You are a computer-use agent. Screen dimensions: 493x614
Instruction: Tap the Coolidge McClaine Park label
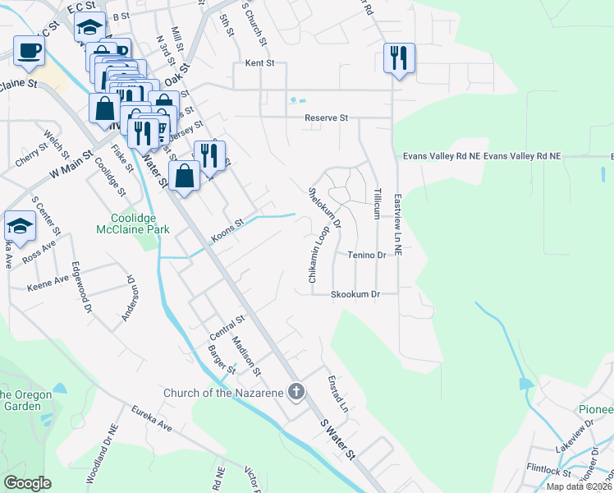[x=140, y=223]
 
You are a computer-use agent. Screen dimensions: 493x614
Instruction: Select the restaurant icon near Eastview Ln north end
[x=399, y=58]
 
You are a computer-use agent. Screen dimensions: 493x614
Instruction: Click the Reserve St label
[x=326, y=118]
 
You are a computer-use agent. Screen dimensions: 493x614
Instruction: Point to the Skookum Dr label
[x=355, y=294]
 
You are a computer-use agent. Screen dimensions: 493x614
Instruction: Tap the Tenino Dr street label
[x=365, y=256]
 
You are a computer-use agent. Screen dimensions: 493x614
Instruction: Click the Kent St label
[x=259, y=63]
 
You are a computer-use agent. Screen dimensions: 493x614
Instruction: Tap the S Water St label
[x=337, y=438]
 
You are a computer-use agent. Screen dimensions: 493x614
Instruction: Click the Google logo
[x=27, y=483]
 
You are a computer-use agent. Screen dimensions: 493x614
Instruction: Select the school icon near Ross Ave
[x=20, y=226]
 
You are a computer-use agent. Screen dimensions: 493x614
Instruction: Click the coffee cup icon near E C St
[x=29, y=50]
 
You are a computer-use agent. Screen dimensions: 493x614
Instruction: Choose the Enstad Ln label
[x=337, y=395]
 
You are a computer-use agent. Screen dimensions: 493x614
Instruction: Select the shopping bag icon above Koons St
[x=185, y=175]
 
